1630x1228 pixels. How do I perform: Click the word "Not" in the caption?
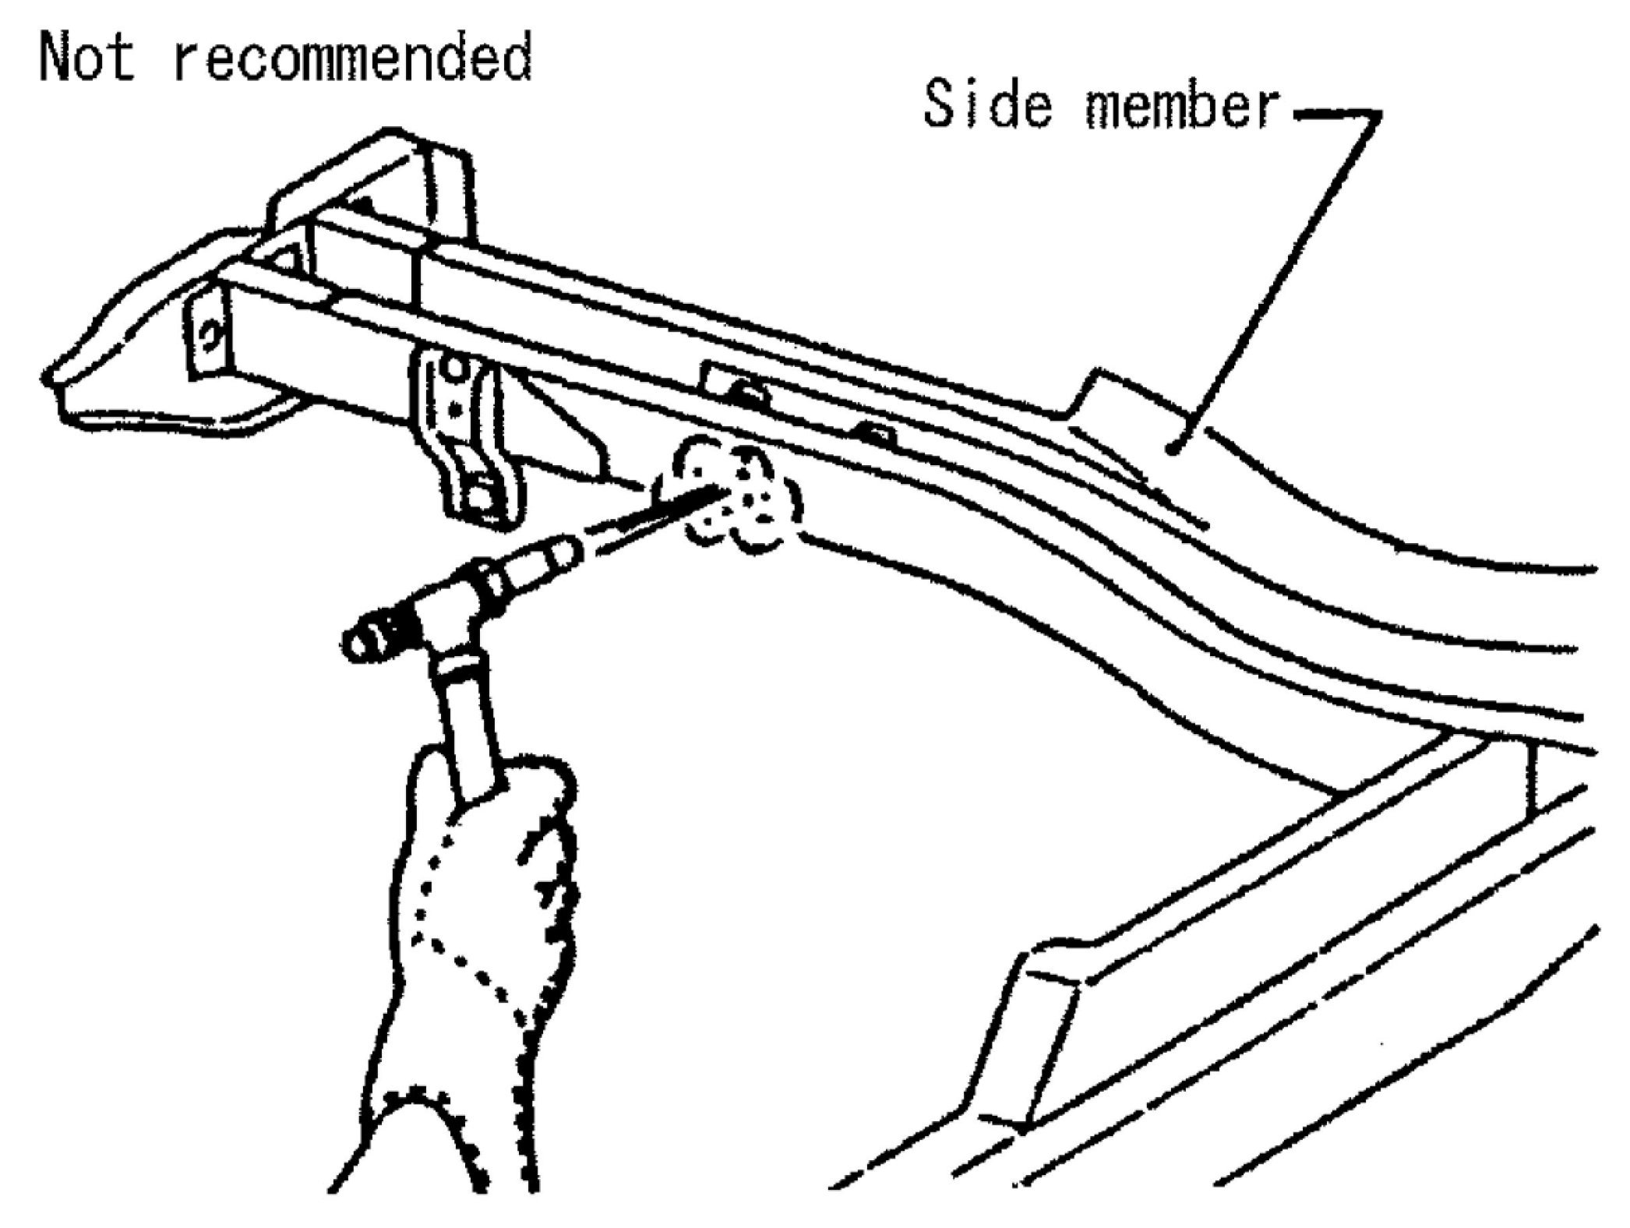coord(87,57)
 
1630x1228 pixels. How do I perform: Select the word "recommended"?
coord(352,57)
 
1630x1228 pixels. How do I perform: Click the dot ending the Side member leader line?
coord(1171,447)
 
